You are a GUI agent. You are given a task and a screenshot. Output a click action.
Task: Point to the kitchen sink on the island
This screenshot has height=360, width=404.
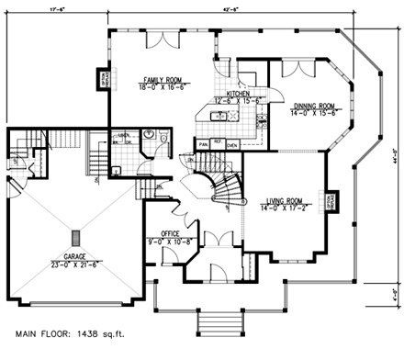pyautogui.click(x=220, y=116)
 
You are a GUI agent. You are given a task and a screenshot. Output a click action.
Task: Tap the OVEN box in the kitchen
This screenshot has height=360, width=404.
pyautogui.click(x=232, y=144)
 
